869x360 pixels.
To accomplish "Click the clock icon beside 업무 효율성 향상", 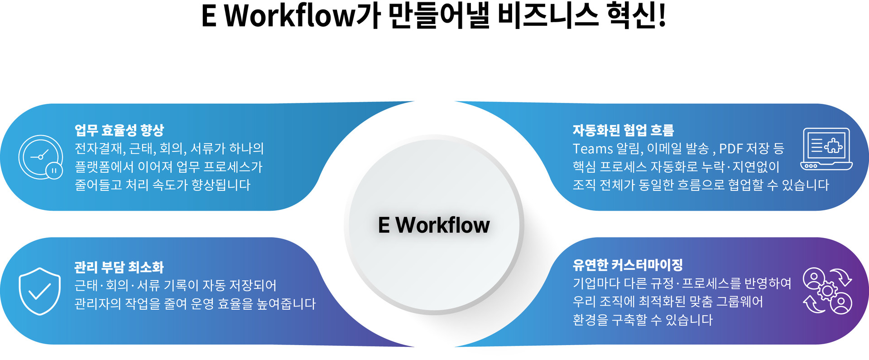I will point(41,157).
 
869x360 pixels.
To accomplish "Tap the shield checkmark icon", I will point(40,291).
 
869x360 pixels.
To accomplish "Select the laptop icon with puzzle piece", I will point(826,149).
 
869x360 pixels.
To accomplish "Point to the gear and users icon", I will point(827,291).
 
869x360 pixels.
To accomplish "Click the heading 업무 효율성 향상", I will point(119,130).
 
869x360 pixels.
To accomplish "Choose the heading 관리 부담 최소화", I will point(119,267).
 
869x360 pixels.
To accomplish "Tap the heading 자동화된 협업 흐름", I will point(623,130).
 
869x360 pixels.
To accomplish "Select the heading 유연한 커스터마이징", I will point(628,265).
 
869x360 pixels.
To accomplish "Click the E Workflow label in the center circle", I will point(434,225).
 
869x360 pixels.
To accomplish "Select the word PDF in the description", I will point(730,149).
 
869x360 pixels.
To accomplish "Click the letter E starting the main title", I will point(209,16).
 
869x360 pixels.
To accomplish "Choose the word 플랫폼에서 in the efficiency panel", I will point(104,167).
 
